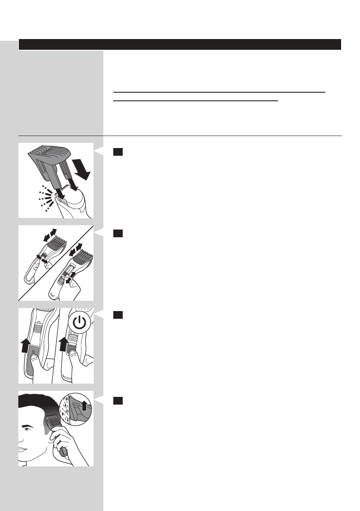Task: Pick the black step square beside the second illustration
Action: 118,234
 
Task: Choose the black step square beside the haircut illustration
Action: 118,401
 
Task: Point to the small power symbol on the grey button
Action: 33,352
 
